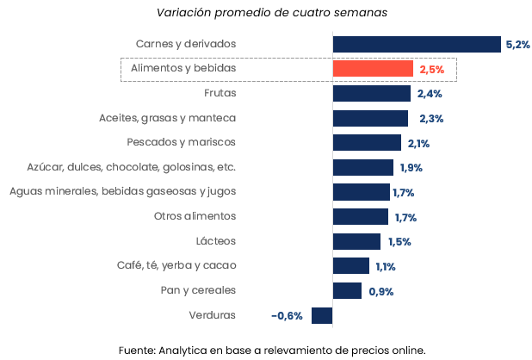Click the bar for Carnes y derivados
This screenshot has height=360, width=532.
[x=417, y=44]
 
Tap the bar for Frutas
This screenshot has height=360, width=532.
[x=371, y=93]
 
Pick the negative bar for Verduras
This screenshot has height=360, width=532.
[x=322, y=315]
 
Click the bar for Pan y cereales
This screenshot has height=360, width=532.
[x=347, y=291]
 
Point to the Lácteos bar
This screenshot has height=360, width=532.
[x=356, y=241]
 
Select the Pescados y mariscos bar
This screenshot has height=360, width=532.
[x=367, y=142]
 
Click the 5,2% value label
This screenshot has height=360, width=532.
[x=517, y=44]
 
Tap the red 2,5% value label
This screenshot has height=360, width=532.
[x=431, y=69]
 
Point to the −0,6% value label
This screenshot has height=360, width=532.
[x=287, y=316]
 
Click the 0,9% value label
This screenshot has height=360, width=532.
[x=380, y=291]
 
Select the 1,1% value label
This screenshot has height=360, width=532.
[x=385, y=266]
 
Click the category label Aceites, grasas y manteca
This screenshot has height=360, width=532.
[x=167, y=117]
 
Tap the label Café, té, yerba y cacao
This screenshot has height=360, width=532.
[x=176, y=265]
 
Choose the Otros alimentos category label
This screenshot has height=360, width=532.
[x=195, y=216]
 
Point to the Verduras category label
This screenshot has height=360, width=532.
[x=212, y=315]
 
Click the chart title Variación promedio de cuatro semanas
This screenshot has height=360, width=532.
[x=266, y=13]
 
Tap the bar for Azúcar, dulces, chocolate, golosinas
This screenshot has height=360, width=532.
[x=362, y=167]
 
